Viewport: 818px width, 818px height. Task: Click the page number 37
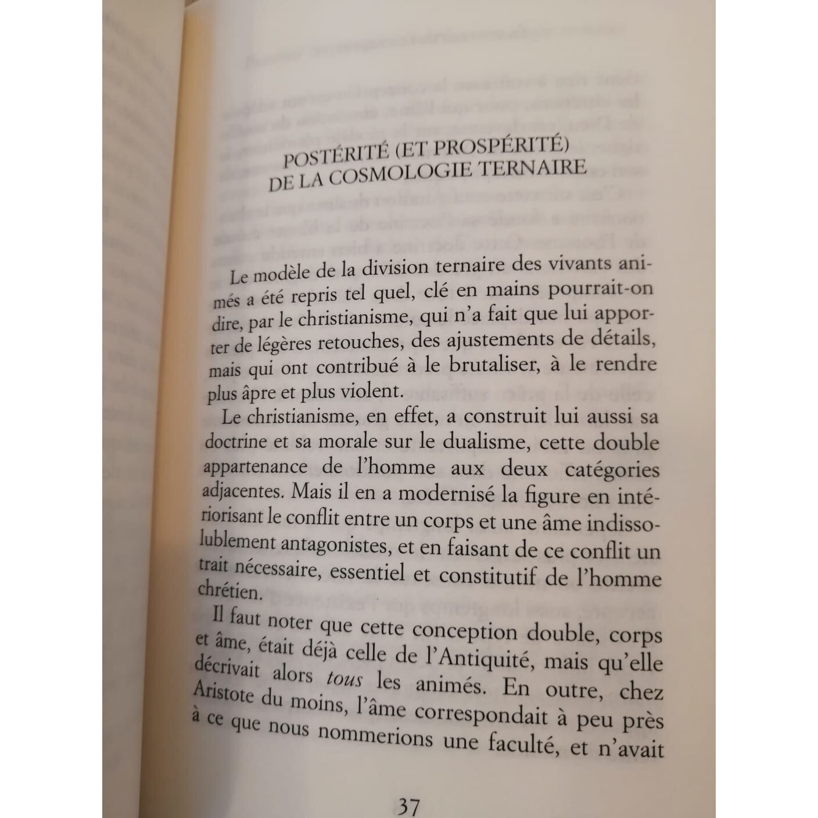point(408,806)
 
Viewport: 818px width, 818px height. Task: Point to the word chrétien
point(228,591)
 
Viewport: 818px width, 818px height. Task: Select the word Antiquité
point(485,658)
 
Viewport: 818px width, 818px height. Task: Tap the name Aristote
point(223,694)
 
